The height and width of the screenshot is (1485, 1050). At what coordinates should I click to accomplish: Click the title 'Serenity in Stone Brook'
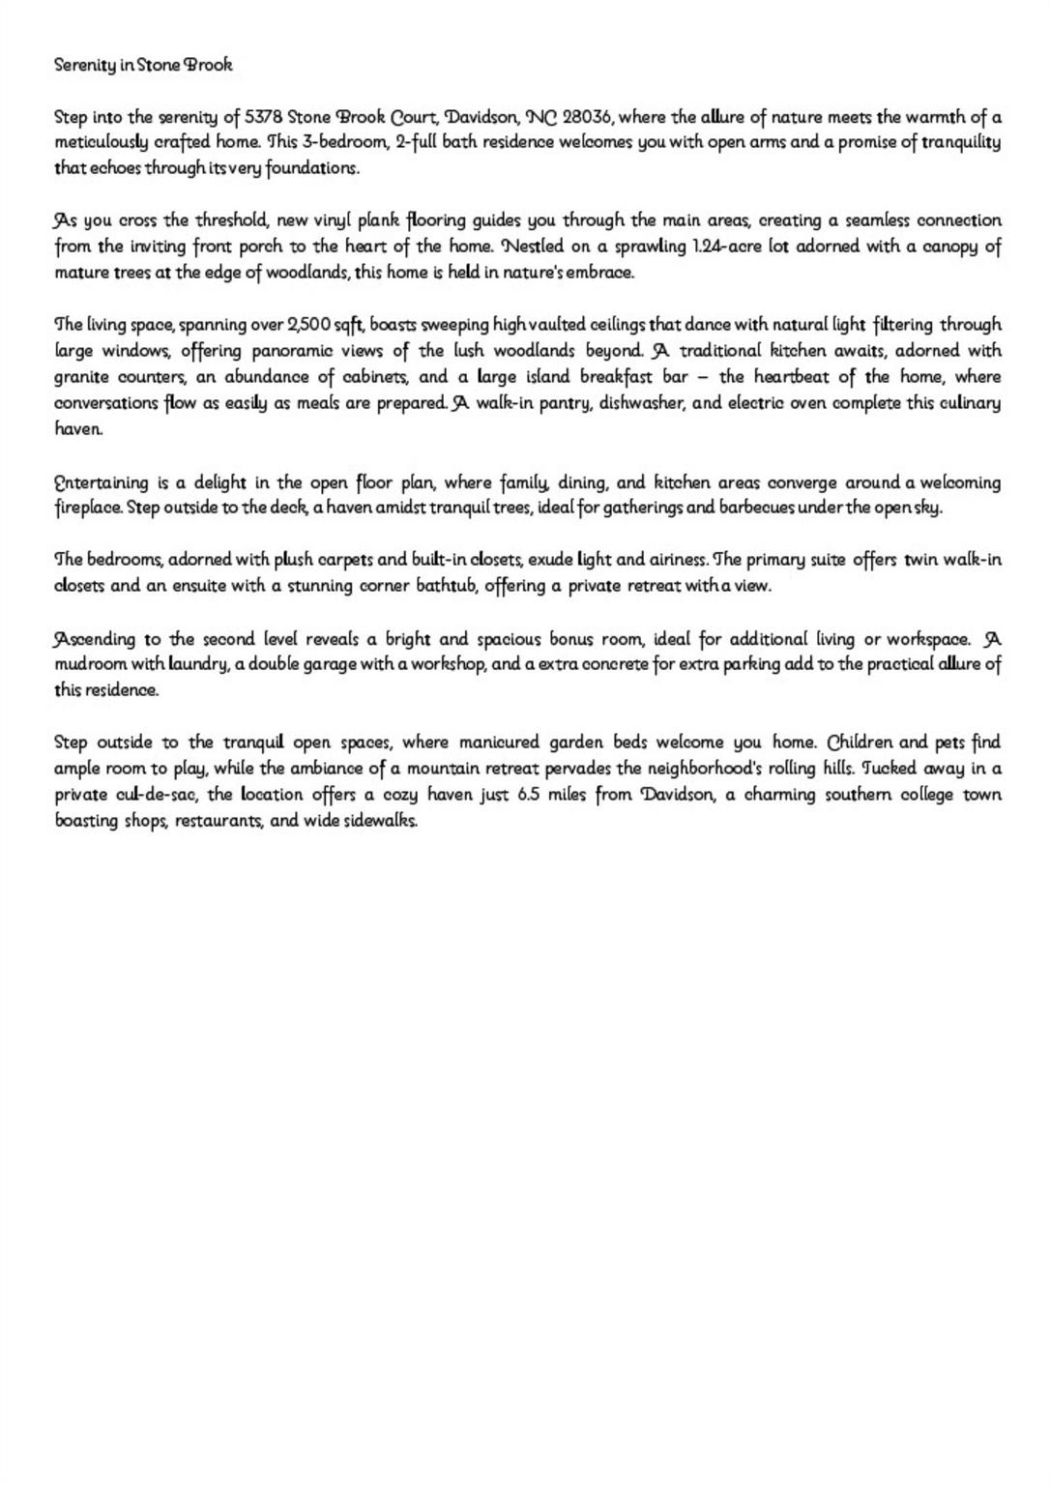coord(143,66)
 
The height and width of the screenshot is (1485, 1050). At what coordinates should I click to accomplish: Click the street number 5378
coord(263,118)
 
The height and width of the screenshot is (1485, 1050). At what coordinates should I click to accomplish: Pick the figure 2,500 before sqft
coord(309,325)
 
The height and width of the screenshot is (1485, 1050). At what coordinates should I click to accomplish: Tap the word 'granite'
coord(80,377)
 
